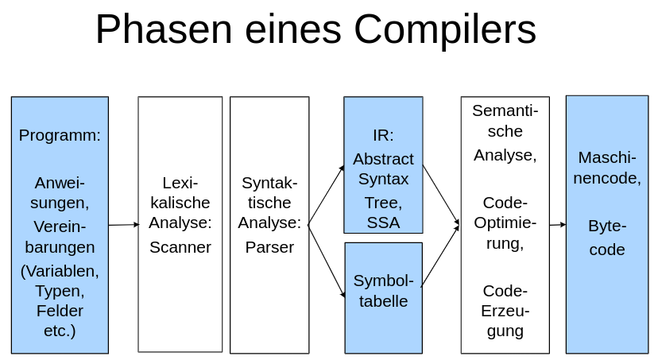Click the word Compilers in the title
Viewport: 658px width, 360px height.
(445, 29)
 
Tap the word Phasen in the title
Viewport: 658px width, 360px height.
(164, 29)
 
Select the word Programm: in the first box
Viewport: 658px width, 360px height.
(60, 135)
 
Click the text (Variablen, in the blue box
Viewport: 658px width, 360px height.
(60, 270)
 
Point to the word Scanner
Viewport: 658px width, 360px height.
(180, 247)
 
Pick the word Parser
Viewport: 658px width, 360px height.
(269, 247)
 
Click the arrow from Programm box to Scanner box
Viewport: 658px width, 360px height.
(123, 225)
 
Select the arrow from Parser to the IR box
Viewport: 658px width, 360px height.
(326, 195)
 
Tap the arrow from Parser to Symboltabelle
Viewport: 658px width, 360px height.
(326, 261)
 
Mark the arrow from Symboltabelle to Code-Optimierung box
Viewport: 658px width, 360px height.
(440, 256)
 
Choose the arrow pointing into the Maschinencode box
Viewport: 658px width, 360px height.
(557, 225)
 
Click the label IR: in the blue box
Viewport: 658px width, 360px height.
(383, 135)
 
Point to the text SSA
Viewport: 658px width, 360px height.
(383, 223)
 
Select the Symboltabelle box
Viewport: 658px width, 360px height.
(383, 298)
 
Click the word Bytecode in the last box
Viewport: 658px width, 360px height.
(606, 238)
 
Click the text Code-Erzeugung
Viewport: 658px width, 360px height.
(505, 311)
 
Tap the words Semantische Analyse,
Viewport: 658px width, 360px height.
(505, 132)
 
